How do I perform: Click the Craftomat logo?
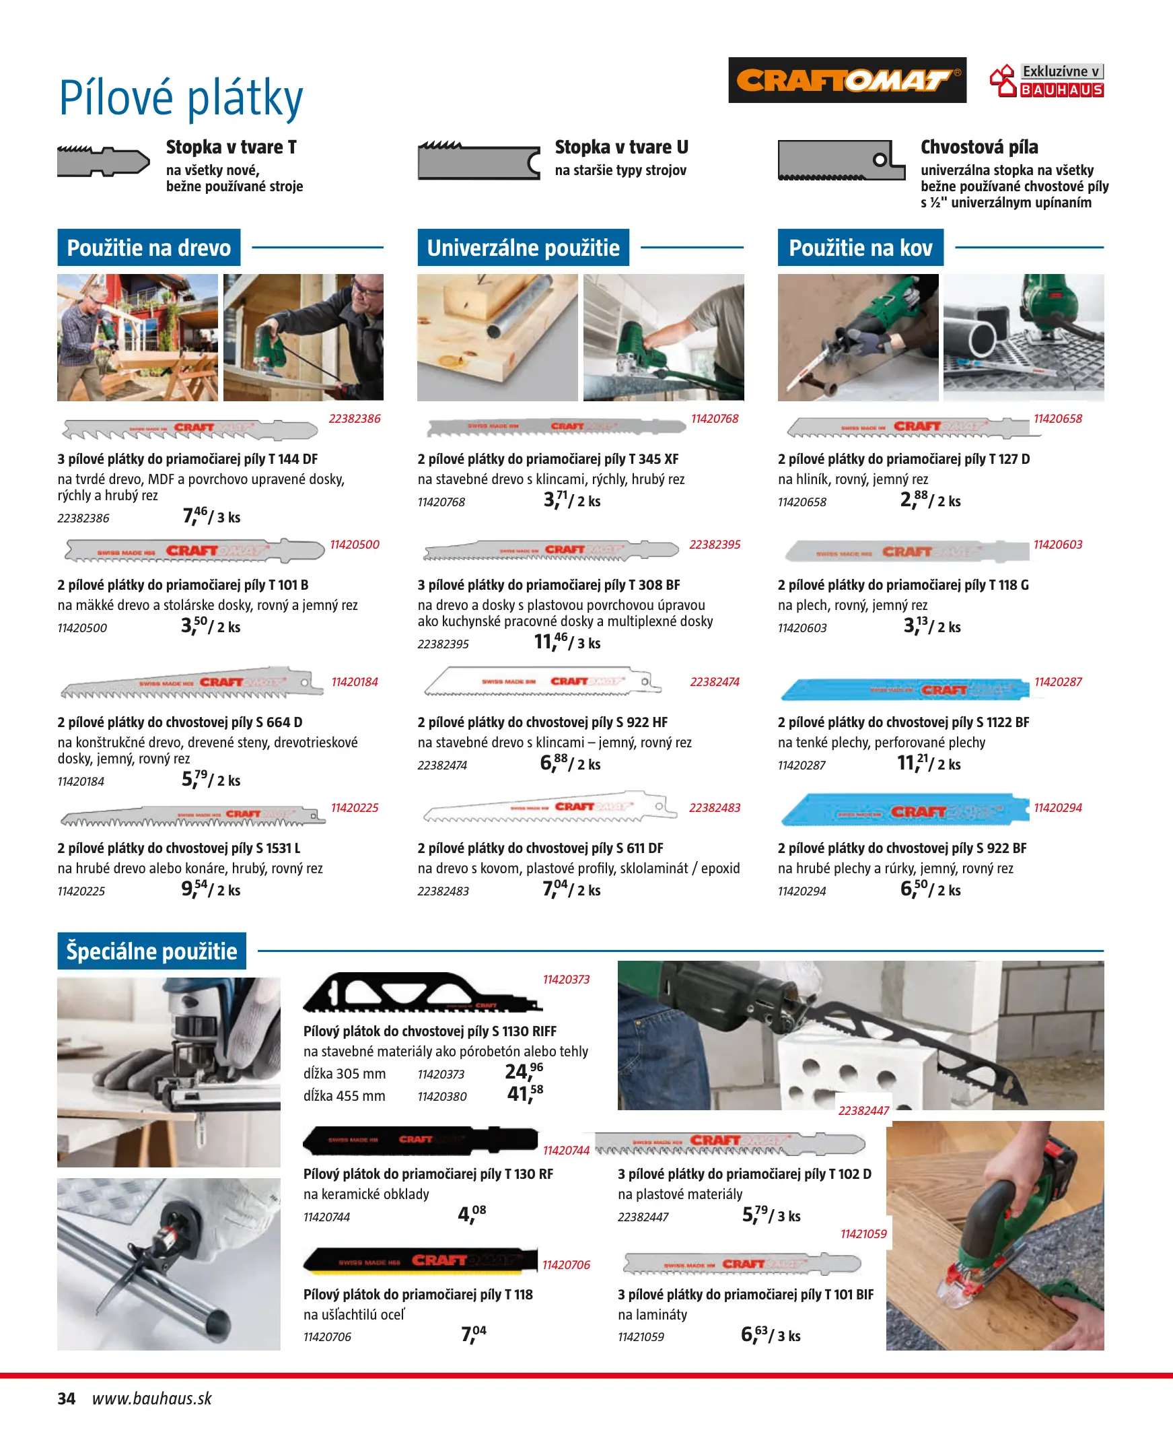pos(847,80)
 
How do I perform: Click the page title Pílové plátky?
pos(181,99)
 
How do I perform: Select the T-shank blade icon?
pos(104,162)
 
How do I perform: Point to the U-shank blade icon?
pos(479,161)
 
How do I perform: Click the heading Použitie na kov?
pos(860,248)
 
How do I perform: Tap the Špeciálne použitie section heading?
pos(151,951)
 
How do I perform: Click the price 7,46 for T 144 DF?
pos(195,516)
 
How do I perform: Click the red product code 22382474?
pos(714,682)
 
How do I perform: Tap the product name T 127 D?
pos(903,459)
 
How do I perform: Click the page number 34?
pos(66,1398)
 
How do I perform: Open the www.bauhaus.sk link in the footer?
pos(152,1398)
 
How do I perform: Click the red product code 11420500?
pos(355,545)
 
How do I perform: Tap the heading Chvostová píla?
pos(979,147)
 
